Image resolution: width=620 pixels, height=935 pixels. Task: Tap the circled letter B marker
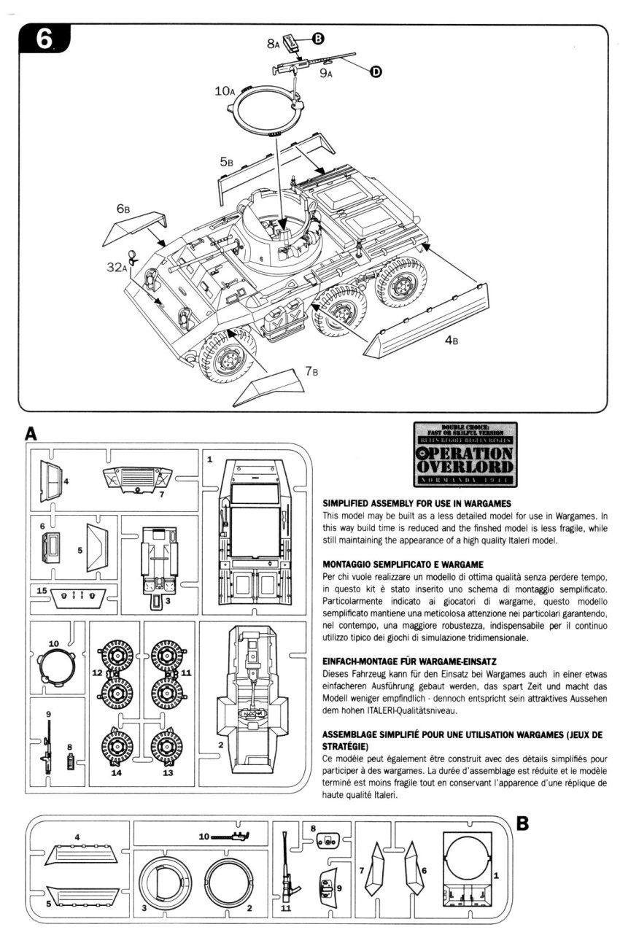click(x=318, y=37)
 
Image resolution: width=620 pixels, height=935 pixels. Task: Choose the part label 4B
click(x=451, y=340)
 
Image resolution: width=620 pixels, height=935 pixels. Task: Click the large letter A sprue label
click(x=31, y=433)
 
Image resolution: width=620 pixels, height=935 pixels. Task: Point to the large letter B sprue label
click(x=522, y=823)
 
